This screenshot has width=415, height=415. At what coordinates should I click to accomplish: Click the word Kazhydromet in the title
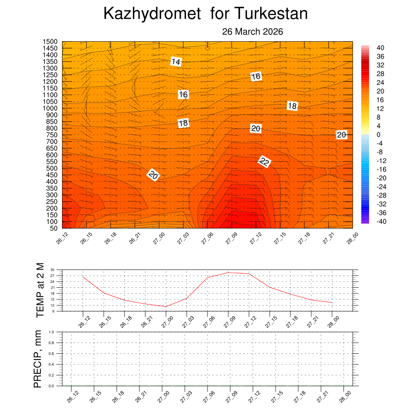[x=152, y=14]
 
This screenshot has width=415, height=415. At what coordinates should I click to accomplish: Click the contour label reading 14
[x=176, y=62]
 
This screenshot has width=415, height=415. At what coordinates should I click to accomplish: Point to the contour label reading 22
[x=264, y=162]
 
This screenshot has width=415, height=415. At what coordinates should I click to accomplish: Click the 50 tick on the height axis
[x=53, y=228]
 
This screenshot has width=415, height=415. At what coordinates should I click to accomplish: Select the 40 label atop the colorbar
[x=380, y=48]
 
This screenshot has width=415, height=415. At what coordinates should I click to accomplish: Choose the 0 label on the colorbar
[x=379, y=135]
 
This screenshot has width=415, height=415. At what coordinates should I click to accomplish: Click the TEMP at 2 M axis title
[x=40, y=289]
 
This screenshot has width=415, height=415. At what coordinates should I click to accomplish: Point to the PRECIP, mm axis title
[x=38, y=359]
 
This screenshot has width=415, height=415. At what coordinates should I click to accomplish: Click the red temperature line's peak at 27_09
[x=229, y=272]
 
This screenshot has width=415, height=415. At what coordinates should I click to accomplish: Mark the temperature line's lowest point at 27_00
[x=166, y=306]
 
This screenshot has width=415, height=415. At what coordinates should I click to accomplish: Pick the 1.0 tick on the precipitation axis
[x=51, y=332]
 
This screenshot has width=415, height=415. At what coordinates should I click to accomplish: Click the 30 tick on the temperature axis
[x=52, y=270]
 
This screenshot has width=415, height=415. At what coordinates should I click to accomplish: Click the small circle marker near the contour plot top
[x=207, y=48]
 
